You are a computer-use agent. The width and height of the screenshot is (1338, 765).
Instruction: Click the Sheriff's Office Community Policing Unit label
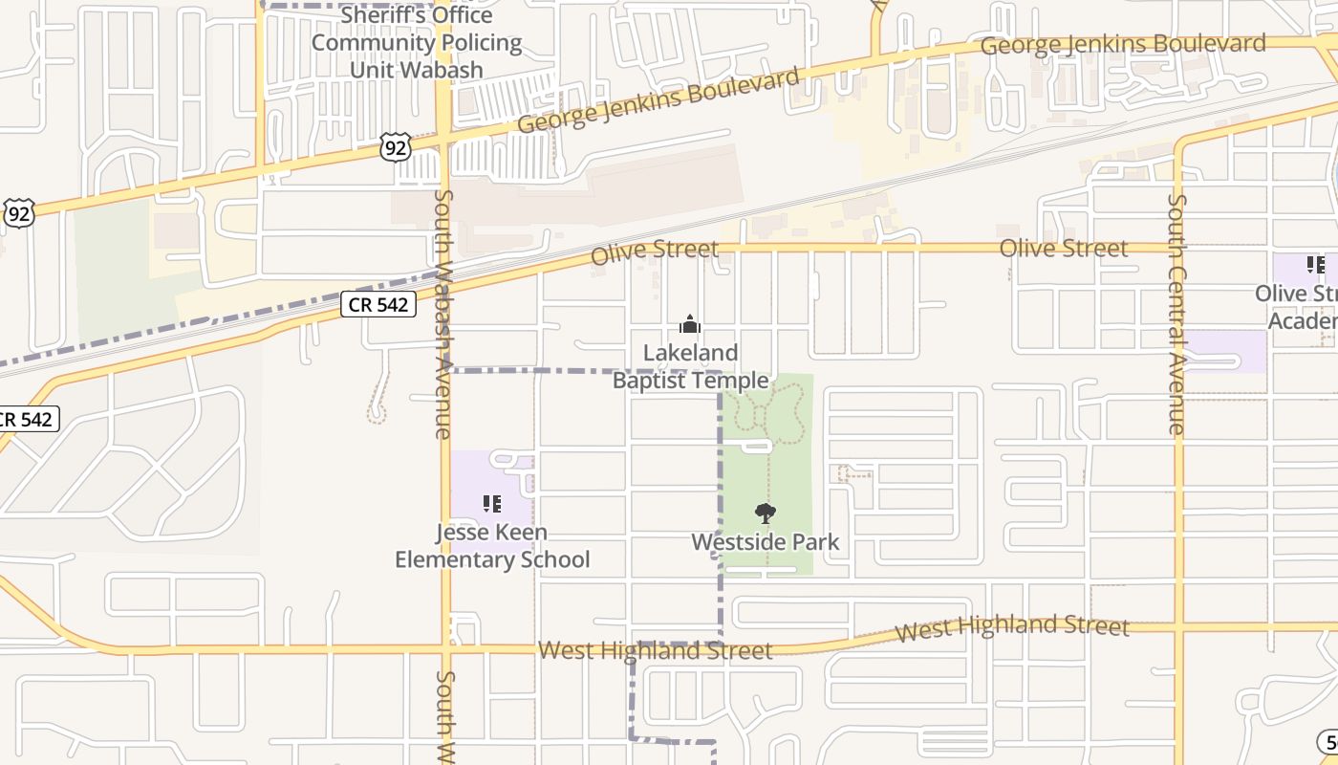pyautogui.click(x=417, y=43)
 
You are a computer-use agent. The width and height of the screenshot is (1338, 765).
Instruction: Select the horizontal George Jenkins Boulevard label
pyautogui.click(x=1123, y=45)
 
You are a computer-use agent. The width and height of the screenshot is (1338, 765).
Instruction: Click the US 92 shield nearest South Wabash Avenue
pyautogui.click(x=396, y=146)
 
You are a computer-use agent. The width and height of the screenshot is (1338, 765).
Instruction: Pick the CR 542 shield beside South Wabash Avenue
pyautogui.click(x=378, y=305)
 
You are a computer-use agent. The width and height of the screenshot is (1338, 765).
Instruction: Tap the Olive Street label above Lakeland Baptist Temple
pyautogui.click(x=655, y=251)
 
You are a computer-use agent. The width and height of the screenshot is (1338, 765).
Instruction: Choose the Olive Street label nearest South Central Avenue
pyautogui.click(x=1064, y=249)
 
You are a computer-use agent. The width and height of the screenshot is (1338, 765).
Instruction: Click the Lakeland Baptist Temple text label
pyautogui.click(x=690, y=367)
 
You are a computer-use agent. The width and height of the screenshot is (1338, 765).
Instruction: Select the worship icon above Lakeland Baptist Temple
pyautogui.click(x=689, y=325)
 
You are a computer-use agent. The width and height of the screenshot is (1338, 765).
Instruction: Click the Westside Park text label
pyautogui.click(x=766, y=542)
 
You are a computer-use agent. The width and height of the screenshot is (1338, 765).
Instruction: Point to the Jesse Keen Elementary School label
pyautogui.click(x=492, y=546)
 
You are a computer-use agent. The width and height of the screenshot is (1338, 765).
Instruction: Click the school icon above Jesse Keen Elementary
pyautogui.click(x=492, y=503)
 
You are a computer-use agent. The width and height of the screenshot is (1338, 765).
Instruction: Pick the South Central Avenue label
pyautogui.click(x=1176, y=314)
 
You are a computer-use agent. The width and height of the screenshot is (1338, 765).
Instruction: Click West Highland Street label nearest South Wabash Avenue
pyautogui.click(x=655, y=651)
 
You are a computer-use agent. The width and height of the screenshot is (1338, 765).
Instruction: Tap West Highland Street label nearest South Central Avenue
pyautogui.click(x=1012, y=628)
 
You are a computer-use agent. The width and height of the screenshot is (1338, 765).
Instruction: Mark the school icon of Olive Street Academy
pyautogui.click(x=1316, y=265)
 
